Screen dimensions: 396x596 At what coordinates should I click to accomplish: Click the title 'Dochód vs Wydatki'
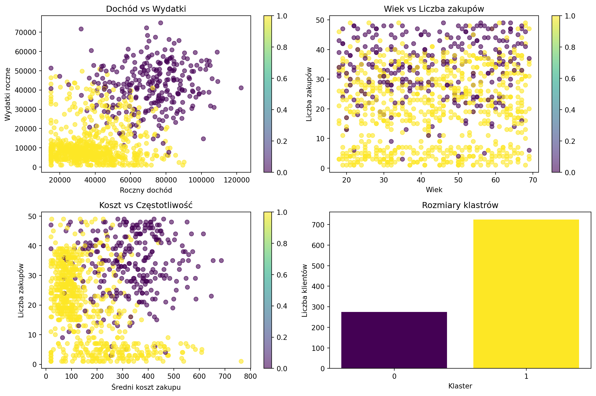click(146, 9)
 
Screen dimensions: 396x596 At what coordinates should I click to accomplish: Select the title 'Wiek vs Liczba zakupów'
click(434, 9)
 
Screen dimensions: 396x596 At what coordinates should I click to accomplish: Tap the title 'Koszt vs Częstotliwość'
click(146, 205)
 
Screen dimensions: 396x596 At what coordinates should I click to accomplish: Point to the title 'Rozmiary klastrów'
click(460, 205)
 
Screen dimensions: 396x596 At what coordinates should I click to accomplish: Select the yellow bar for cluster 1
click(526, 294)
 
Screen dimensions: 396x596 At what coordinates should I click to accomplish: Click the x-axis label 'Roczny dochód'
click(146, 190)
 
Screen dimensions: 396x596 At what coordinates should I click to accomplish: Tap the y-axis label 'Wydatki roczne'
click(8, 94)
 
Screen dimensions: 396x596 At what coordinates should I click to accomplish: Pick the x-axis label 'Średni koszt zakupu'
click(146, 387)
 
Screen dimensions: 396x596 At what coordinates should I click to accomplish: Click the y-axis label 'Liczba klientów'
click(305, 290)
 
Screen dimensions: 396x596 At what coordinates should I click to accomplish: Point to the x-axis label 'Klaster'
click(460, 386)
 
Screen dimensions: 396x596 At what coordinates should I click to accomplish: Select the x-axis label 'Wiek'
click(434, 190)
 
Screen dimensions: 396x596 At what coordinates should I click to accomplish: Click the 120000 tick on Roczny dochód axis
click(237, 180)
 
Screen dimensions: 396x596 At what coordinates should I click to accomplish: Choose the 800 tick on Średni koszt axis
click(251, 376)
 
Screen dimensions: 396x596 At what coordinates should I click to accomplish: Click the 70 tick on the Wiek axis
click(533, 180)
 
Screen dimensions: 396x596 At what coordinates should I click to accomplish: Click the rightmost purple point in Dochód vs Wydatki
click(241, 88)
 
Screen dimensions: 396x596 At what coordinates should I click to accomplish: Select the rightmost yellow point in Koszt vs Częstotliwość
click(241, 361)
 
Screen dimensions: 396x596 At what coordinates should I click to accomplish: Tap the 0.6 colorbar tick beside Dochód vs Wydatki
click(282, 79)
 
